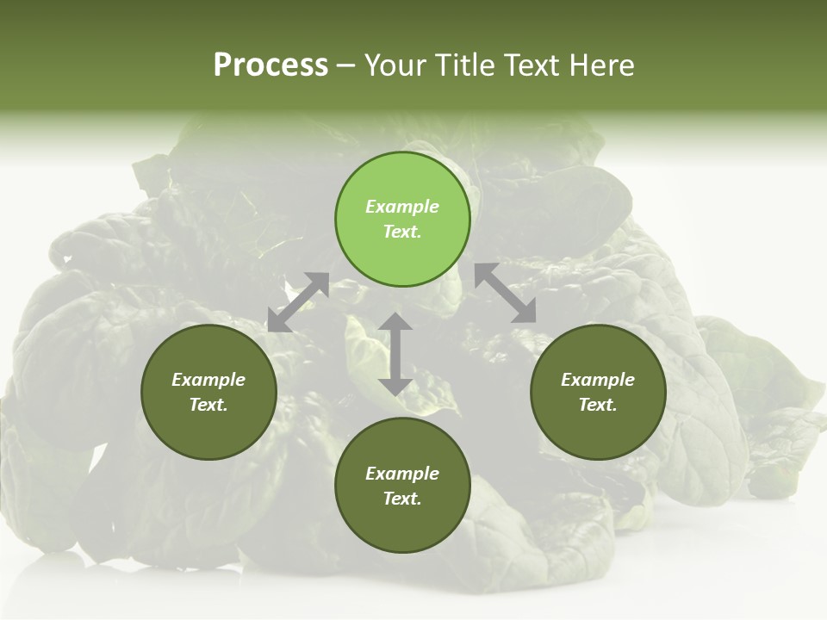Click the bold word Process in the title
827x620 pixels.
click(x=270, y=65)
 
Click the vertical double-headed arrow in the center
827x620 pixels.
click(x=395, y=354)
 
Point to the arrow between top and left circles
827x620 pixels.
click(x=298, y=302)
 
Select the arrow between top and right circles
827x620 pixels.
click(x=505, y=293)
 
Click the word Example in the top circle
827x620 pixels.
click(x=402, y=207)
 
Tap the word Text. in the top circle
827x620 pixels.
click(x=402, y=232)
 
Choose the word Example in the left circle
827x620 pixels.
click(x=208, y=380)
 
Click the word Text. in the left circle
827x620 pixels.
click(x=208, y=405)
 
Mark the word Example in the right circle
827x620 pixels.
click(x=598, y=380)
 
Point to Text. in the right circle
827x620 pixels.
click(x=598, y=405)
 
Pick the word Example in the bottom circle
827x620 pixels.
click(x=402, y=474)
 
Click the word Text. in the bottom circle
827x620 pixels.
click(x=402, y=499)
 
